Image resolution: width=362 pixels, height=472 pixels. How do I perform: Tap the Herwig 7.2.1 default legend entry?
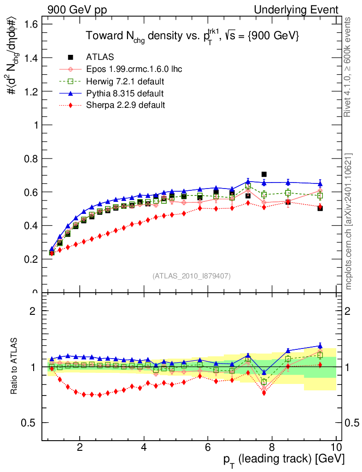click(x=125, y=82)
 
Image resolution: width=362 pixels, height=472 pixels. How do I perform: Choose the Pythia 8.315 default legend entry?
click(x=124, y=94)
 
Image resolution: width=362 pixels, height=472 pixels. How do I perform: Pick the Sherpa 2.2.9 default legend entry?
click(x=125, y=105)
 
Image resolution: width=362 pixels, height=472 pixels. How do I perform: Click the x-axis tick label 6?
click(x=208, y=447)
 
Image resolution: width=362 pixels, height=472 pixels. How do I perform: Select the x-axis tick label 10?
click(x=335, y=447)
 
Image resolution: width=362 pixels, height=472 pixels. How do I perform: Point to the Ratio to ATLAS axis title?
click(x=14, y=367)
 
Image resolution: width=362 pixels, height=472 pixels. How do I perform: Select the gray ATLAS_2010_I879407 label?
click(x=192, y=276)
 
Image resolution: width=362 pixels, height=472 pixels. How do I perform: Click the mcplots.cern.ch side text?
click(x=349, y=221)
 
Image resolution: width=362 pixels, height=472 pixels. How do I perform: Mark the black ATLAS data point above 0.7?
click(x=264, y=174)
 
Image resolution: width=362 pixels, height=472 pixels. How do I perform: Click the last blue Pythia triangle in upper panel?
click(x=320, y=183)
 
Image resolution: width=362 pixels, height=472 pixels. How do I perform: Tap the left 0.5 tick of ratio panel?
click(x=33, y=423)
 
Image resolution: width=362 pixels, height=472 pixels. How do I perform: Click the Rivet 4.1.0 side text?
click(x=349, y=67)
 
